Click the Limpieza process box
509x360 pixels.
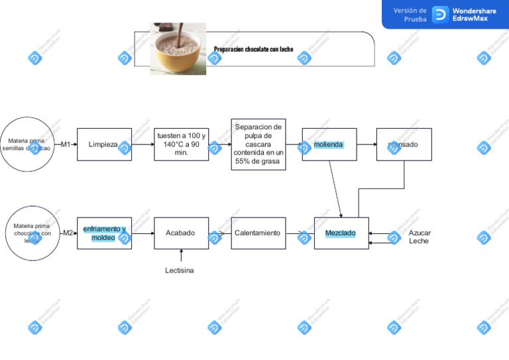pyautogui.click(x=104, y=145)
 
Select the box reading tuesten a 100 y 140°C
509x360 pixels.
pyautogui.click(x=181, y=145)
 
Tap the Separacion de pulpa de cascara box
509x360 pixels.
pyautogui.click(x=258, y=145)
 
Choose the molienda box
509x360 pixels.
pyautogui.click(x=329, y=145)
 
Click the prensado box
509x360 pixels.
pyautogui.click(x=404, y=145)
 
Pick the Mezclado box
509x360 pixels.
pyautogui.click(x=341, y=233)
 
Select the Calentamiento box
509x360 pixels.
pyautogui.click(x=258, y=233)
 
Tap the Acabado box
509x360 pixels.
pyautogui.click(x=181, y=233)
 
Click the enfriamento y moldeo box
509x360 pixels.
pyautogui.click(x=104, y=233)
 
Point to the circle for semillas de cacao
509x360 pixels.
pyautogui.click(x=27, y=145)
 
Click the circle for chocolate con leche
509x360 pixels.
pyautogui.click(x=32, y=233)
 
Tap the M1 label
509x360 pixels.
pyautogui.click(x=66, y=145)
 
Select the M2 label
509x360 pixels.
pyautogui.click(x=68, y=233)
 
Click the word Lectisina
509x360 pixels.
pyautogui.click(x=180, y=270)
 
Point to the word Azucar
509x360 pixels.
pyautogui.click(x=420, y=233)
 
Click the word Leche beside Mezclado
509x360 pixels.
pyautogui.click(x=419, y=241)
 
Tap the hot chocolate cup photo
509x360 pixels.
pyautogui.click(x=178, y=48)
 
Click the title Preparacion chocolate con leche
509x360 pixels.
pyautogui.click(x=253, y=50)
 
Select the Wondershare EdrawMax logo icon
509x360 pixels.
pyautogui.click(x=441, y=15)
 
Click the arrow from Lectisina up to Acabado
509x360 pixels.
pyautogui.click(x=181, y=257)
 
